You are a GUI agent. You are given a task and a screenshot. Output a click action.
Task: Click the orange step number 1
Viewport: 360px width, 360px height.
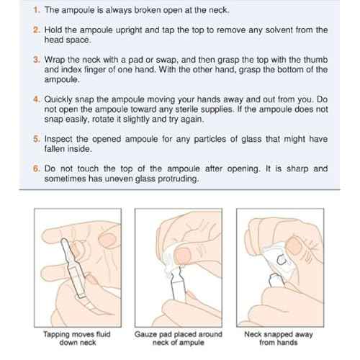(37, 10)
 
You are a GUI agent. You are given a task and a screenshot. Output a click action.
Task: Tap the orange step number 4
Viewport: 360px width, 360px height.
(37, 99)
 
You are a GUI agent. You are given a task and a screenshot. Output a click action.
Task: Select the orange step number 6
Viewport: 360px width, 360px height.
(37, 168)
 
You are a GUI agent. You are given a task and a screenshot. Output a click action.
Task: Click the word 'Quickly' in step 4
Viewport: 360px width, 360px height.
(58, 99)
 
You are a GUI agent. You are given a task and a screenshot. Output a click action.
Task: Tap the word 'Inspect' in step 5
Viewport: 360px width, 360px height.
(58, 139)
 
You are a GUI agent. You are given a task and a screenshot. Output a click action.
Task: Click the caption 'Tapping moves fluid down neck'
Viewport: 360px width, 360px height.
(77, 338)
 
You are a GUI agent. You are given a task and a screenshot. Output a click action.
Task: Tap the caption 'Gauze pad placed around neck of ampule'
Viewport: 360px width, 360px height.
(179, 338)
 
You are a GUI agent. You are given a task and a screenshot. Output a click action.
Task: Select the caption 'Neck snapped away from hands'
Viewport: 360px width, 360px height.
(279, 338)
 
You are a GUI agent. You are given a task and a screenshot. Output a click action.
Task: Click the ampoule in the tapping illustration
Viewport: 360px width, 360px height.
(73, 268)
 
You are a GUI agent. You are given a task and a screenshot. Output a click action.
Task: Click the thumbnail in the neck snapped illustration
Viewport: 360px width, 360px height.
(294, 246)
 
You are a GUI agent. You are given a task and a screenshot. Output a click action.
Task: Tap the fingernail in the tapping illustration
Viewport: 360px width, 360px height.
(107, 240)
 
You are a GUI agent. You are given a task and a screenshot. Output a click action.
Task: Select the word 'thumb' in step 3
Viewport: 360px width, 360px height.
(315, 60)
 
